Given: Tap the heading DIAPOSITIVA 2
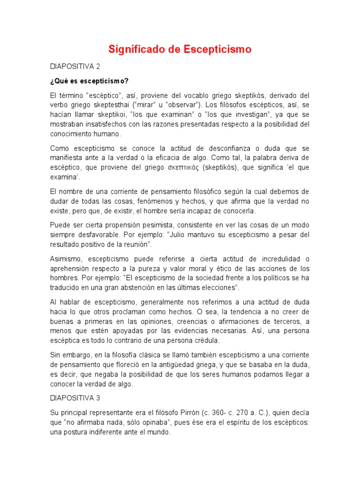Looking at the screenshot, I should tap(75, 66).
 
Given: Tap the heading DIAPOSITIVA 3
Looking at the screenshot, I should tap(75, 397).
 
